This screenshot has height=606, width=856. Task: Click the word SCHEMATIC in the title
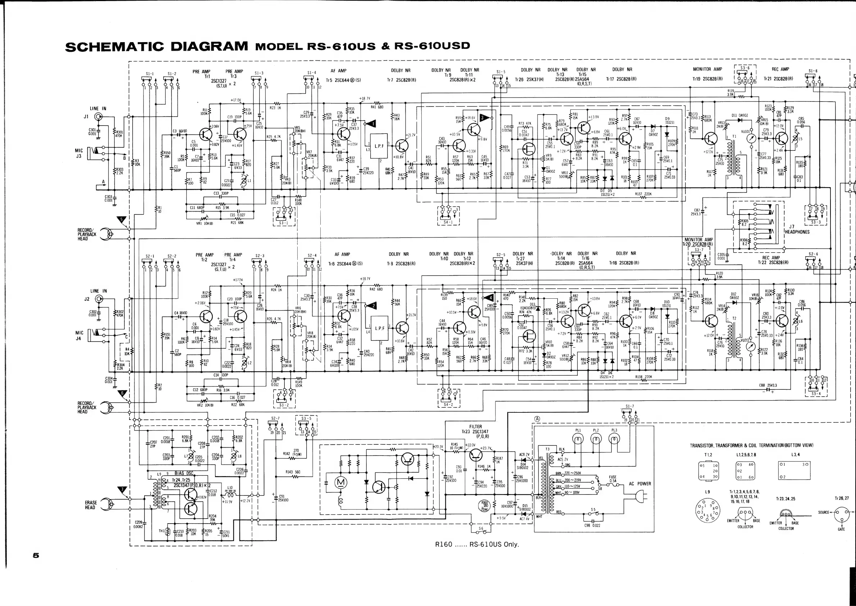pyautogui.click(x=114, y=46)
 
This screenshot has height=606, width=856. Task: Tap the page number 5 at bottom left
pyautogui.click(x=36, y=555)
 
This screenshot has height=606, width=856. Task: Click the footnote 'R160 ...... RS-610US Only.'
pyautogui.click(x=477, y=544)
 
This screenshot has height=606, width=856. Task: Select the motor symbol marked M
pyautogui.click(x=341, y=483)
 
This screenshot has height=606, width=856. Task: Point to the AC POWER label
pyautogui.click(x=640, y=484)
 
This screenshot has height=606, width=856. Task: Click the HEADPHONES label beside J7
pyautogui.click(x=797, y=232)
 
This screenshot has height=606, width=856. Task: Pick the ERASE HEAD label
pyautogui.click(x=91, y=505)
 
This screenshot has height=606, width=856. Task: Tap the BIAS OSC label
pyautogui.click(x=184, y=473)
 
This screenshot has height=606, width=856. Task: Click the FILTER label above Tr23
pyautogui.click(x=475, y=426)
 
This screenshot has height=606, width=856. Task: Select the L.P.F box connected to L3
pyautogui.click(x=379, y=146)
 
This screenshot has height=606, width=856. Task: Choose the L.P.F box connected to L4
pyautogui.click(x=379, y=329)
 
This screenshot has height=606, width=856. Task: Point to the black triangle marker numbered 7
pyautogui.click(x=122, y=490)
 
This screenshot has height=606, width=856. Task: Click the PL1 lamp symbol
pyautogui.click(x=578, y=440)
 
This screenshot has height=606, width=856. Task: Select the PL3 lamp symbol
pyautogui.click(x=614, y=440)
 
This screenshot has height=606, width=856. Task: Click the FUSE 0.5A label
pyautogui.click(x=613, y=479)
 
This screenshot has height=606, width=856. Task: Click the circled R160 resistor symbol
pyautogui.click(x=485, y=506)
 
